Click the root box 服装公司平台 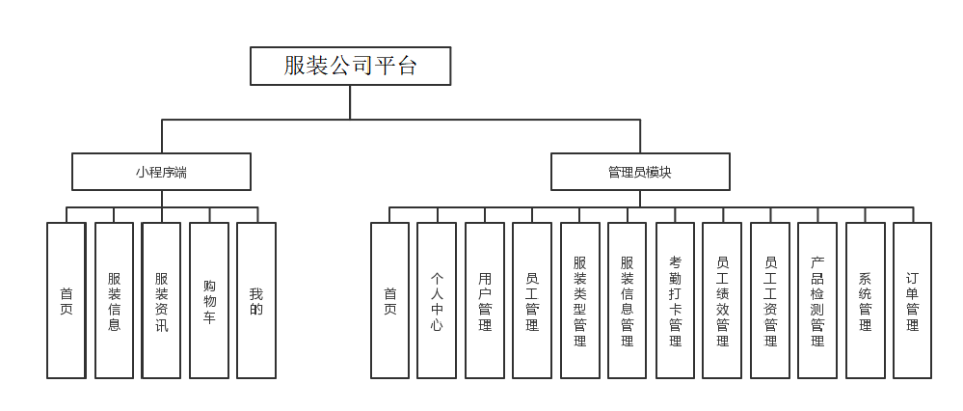(350, 66)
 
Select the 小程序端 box (161, 172)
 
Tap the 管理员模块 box (640, 172)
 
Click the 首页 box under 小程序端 (67, 300)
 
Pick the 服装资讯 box (161, 300)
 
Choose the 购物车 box (209, 300)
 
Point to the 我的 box (256, 300)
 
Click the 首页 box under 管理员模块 (390, 300)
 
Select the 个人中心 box (438, 300)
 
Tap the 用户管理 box (485, 300)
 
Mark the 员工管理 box (532, 300)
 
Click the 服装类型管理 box (580, 300)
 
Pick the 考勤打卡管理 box (675, 300)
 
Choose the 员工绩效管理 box (722, 300)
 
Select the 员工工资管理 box (770, 300)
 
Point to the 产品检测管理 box (817, 300)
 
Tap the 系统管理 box (865, 300)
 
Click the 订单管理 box (912, 300)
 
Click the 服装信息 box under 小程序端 (114, 300)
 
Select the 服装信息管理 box (628, 300)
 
